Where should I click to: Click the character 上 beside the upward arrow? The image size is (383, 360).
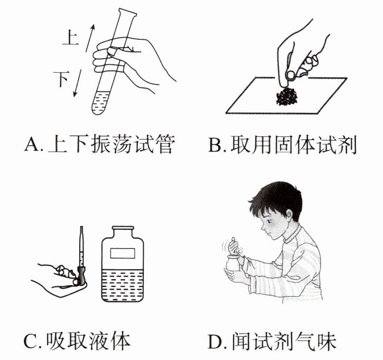coord(71,39)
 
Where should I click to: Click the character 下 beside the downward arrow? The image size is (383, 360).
coord(61,79)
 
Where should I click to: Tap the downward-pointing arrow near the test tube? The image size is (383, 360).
coord(78,83)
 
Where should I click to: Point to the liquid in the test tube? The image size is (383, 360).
coord(101,103)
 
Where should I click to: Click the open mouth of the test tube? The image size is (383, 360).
coord(127,13)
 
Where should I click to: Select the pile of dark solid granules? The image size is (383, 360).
coord(287,96)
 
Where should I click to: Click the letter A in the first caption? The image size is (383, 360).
coord(31,144)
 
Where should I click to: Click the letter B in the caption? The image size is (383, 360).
coord(215,145)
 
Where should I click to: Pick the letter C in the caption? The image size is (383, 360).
coord(30,341)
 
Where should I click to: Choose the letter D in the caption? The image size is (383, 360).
coord(215,341)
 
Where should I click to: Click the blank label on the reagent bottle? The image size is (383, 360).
coord(123,253)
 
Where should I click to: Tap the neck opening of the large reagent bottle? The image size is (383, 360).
coord(123,228)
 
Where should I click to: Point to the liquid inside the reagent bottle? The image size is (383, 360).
coord(122,285)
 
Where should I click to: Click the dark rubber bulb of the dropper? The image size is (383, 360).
coord(81,276)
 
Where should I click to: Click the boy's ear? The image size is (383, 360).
coord(289,215)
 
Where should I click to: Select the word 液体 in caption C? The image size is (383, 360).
coord(108,341)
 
